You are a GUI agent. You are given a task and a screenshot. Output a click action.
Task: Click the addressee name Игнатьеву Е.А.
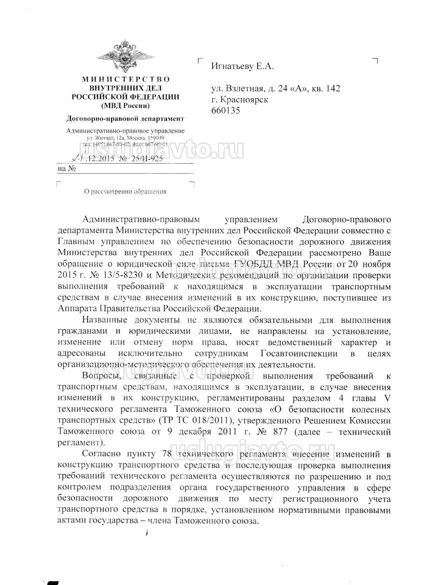[242, 66]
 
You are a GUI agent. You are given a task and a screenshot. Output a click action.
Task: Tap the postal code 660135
[225, 111]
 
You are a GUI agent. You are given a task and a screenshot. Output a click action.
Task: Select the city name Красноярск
[243, 100]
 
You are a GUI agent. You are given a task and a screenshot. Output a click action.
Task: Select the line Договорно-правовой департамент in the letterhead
[125, 119]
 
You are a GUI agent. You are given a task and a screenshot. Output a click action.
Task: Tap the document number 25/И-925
[145, 158]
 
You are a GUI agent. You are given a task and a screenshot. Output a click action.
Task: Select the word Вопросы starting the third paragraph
[99, 376]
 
